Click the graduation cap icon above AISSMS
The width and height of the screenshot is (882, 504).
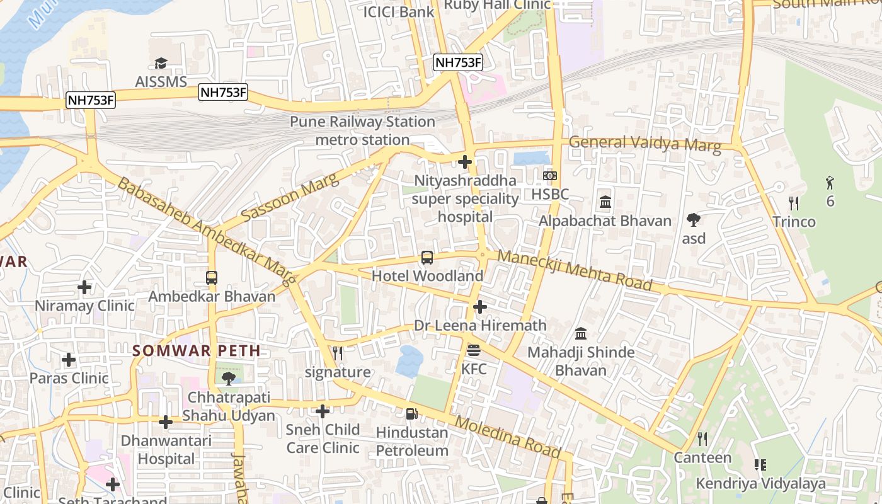click(161, 63)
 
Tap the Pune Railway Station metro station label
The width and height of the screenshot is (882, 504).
click(362, 130)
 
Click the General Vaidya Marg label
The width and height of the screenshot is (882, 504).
click(644, 144)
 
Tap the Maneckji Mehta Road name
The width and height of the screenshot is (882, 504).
click(574, 270)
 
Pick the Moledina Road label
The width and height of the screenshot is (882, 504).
click(507, 437)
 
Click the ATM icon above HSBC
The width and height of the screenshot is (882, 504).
click(550, 176)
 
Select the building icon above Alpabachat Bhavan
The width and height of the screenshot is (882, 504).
click(605, 202)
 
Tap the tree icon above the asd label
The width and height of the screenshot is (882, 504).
click(694, 220)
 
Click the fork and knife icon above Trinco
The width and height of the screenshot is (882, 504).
click(794, 203)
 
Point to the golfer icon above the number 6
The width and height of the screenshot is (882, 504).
click(830, 183)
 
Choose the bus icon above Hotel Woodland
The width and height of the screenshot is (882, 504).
click(427, 257)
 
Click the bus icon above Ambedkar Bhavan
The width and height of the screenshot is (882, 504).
click(212, 277)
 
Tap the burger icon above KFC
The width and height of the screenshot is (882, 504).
click(474, 350)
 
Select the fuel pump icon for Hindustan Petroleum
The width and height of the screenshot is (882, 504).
click(411, 414)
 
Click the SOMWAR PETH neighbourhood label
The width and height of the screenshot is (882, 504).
click(196, 352)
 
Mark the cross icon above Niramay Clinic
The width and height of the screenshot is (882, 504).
click(84, 287)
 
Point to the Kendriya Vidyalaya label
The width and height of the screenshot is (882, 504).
click(760, 484)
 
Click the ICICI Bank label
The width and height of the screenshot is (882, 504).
click(399, 11)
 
